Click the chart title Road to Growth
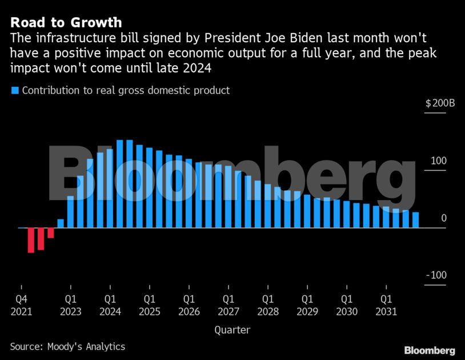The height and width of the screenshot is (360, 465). [x=66, y=23]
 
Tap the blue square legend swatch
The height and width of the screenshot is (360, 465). [x=15, y=90]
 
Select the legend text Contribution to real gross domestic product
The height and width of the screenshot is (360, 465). [x=126, y=90]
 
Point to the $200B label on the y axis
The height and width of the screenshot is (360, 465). [x=440, y=104]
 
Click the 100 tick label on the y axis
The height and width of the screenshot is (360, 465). [x=439, y=161]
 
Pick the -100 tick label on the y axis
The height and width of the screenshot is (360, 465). [x=436, y=275]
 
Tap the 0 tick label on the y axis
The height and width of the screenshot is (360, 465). [x=443, y=218]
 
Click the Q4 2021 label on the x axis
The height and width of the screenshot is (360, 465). [x=22, y=305]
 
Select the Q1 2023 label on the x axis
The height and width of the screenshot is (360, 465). [x=71, y=305]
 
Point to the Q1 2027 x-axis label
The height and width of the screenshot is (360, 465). [x=229, y=305]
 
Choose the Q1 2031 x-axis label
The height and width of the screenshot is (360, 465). [x=386, y=305]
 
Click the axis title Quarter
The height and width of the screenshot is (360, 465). [x=232, y=330]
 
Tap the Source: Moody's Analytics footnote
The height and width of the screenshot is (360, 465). [x=67, y=346]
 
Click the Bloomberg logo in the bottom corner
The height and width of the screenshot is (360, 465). [x=430, y=350]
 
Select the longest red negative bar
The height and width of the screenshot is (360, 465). [x=31, y=240]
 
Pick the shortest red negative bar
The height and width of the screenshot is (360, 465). [x=51, y=233]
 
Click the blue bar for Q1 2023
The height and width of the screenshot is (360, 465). [x=71, y=212]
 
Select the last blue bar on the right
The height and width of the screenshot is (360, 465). [x=415, y=220]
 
